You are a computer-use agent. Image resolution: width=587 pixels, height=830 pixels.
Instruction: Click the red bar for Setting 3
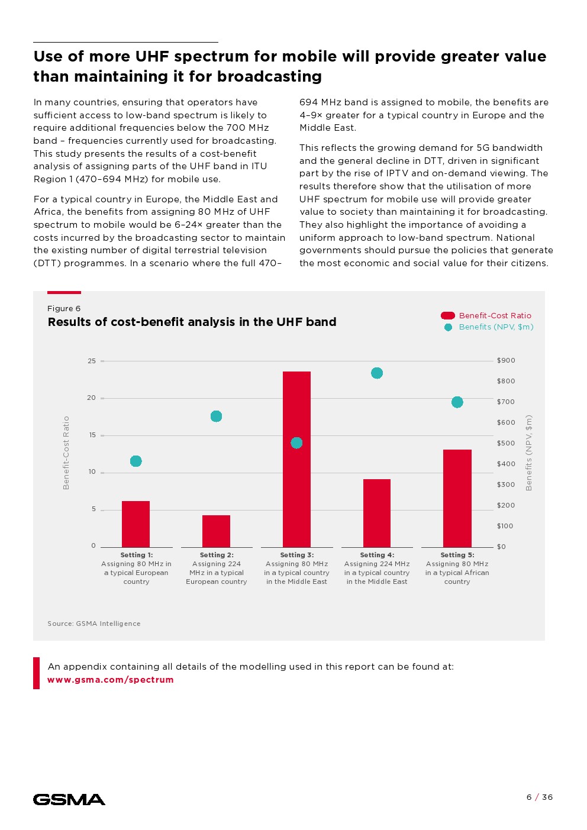point(296,459)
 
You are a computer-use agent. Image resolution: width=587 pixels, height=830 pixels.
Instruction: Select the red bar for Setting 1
point(136,524)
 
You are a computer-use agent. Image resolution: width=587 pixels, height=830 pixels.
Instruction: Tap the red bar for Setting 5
point(457,498)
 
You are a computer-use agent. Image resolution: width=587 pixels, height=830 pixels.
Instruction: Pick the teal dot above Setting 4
point(377,373)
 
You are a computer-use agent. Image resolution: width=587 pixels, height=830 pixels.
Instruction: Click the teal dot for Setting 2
point(217,416)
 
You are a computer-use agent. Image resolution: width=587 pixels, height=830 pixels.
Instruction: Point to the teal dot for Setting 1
point(136,461)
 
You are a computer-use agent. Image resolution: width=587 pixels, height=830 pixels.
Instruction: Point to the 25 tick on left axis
point(92,361)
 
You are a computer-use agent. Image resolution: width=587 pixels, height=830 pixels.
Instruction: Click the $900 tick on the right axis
point(506,361)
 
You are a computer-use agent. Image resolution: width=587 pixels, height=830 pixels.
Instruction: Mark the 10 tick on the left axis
point(92,472)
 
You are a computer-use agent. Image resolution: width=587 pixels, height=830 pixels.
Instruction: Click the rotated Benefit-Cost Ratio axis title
point(66,453)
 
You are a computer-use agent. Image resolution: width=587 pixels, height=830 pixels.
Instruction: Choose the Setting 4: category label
point(377,556)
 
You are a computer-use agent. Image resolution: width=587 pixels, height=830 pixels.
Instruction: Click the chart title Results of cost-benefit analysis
point(192,322)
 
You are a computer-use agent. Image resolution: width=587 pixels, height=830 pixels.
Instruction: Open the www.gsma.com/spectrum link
point(111,680)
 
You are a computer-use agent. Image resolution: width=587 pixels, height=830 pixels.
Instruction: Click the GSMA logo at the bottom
point(69,800)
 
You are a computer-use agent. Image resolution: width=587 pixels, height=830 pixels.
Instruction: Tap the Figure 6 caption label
point(64,309)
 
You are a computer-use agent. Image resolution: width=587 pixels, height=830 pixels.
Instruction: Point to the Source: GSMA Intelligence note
point(94,624)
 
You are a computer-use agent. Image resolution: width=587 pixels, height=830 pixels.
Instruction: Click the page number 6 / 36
point(539,797)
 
